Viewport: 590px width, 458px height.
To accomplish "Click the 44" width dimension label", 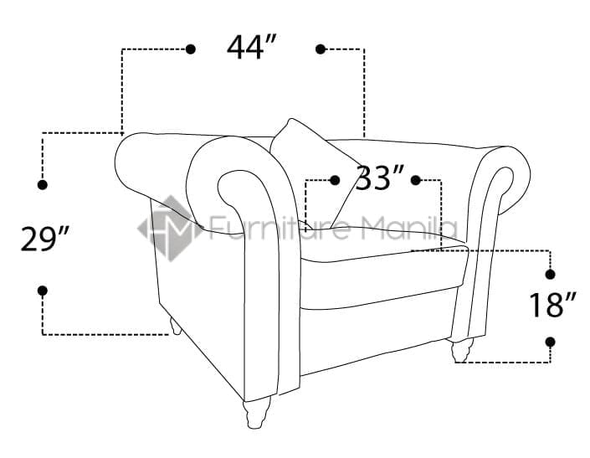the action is tap(252, 48).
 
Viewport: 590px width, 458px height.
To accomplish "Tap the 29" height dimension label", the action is tap(44, 239).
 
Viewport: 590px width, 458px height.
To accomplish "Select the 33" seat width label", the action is tap(379, 178).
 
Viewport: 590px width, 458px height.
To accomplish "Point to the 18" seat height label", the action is tap(552, 305).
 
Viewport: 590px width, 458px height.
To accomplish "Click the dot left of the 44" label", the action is tap(191, 49).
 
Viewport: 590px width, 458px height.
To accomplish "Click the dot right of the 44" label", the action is tap(321, 49).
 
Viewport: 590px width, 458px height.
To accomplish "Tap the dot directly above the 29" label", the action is tap(43, 185).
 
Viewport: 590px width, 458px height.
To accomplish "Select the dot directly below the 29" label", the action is tap(43, 291).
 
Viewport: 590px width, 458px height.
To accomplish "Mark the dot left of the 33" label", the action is tap(335, 180).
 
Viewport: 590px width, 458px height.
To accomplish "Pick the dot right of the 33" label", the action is tap(415, 180).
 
